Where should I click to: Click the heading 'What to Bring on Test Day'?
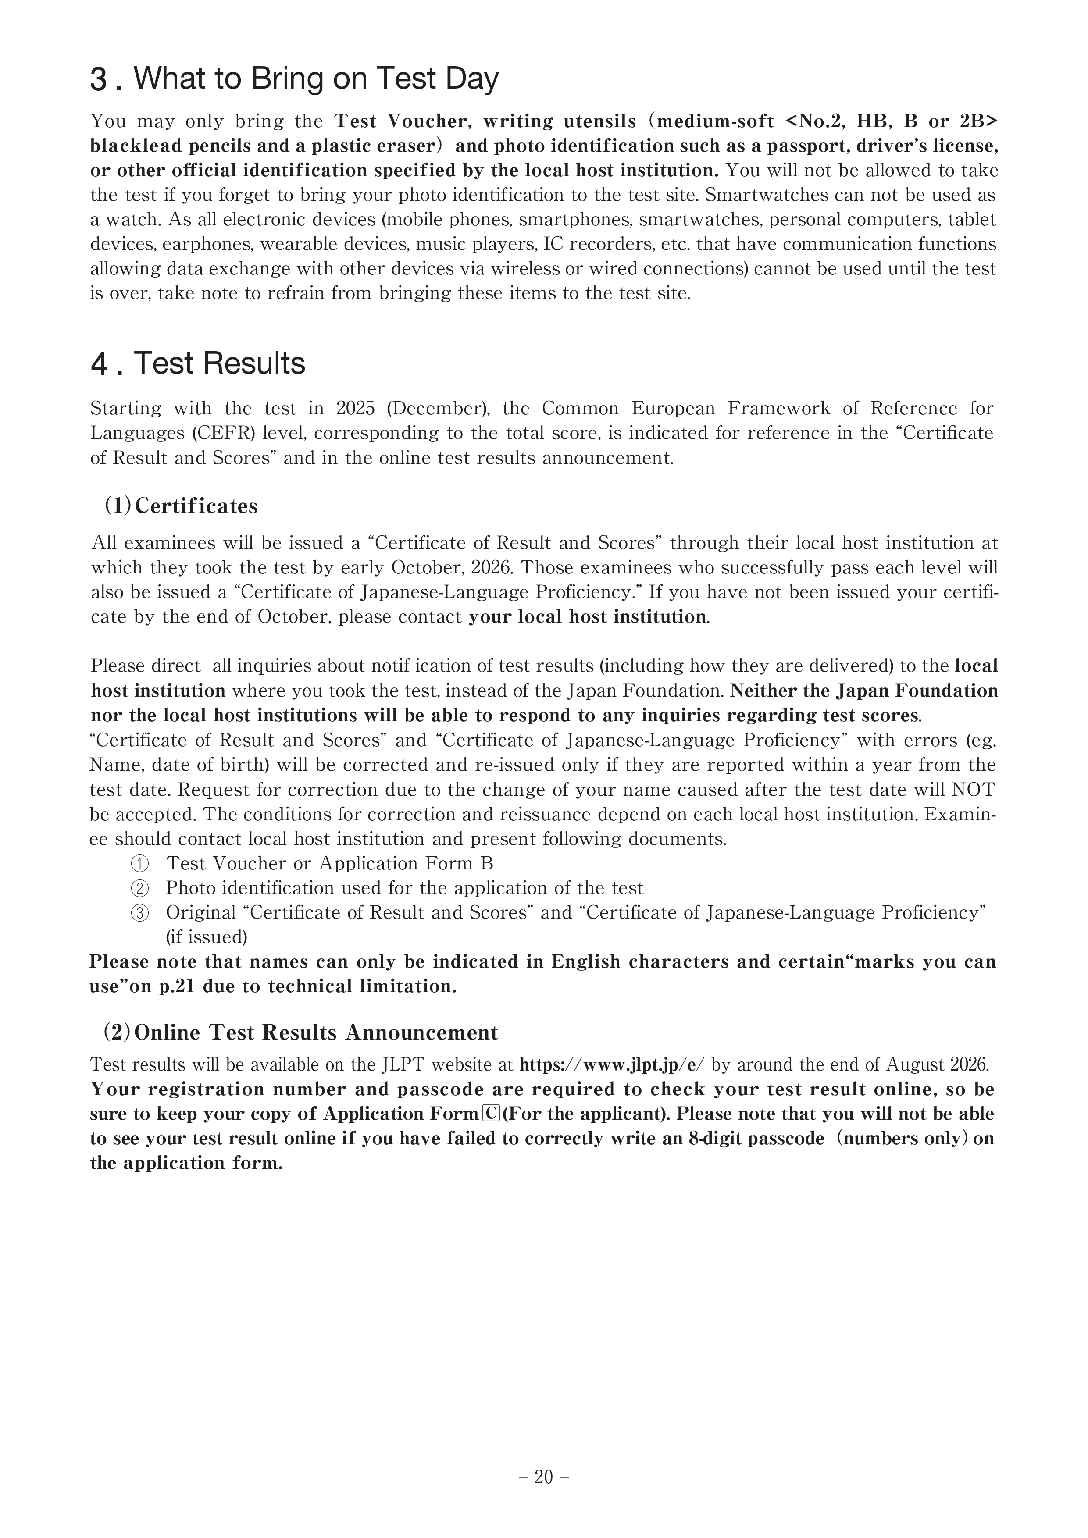click(316, 78)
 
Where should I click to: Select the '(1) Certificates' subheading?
click(181, 506)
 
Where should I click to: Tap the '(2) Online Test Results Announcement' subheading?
click(301, 1032)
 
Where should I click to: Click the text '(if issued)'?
click(207, 937)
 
